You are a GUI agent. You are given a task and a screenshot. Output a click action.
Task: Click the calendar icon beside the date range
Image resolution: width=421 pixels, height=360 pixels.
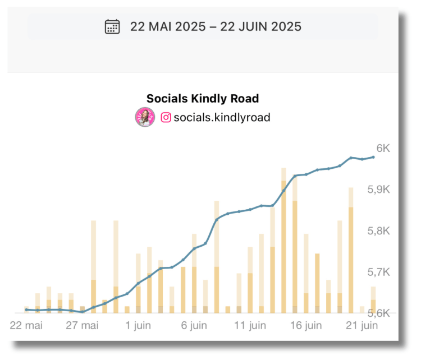tap(112, 26)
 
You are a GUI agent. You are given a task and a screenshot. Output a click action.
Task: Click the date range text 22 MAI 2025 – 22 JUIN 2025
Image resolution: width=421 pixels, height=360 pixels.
tap(216, 26)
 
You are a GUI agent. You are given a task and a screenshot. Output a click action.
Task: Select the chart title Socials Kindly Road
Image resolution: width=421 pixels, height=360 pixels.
tap(203, 99)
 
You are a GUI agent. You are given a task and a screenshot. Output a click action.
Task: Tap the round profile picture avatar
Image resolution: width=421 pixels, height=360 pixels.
tap(144, 117)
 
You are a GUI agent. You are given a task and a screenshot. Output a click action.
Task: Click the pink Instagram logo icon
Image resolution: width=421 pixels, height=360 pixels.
tap(166, 117)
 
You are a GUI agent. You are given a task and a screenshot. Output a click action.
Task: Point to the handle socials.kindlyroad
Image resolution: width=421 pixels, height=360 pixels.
tap(222, 117)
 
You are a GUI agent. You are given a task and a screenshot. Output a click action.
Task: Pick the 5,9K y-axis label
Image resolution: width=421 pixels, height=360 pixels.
tap(378, 190)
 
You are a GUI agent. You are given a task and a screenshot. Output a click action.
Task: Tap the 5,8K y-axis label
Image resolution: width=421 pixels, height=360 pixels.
tap(378, 231)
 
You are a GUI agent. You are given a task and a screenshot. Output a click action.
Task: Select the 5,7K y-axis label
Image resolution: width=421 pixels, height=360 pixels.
tap(378, 272)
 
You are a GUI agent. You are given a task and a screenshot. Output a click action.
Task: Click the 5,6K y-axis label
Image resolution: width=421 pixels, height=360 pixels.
tap(378, 313)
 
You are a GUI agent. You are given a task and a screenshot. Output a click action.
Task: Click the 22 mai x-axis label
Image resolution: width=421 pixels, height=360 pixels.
tap(26, 325)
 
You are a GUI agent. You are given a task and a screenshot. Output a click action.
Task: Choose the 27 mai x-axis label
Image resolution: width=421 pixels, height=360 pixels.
tap(82, 325)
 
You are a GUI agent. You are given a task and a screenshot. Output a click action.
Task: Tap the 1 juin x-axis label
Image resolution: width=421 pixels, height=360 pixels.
tap(138, 325)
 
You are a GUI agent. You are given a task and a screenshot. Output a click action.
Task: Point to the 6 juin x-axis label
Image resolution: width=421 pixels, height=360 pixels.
tap(194, 325)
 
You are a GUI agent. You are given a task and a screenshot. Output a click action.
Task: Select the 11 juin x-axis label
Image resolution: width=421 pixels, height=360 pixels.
tap(250, 325)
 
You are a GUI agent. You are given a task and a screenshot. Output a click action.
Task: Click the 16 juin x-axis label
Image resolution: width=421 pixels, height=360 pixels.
tap(306, 325)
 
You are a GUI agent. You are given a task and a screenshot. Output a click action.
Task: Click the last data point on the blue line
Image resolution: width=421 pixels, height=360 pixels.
tap(373, 157)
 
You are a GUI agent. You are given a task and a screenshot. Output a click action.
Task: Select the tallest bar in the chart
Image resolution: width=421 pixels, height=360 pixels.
tap(283, 241)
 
